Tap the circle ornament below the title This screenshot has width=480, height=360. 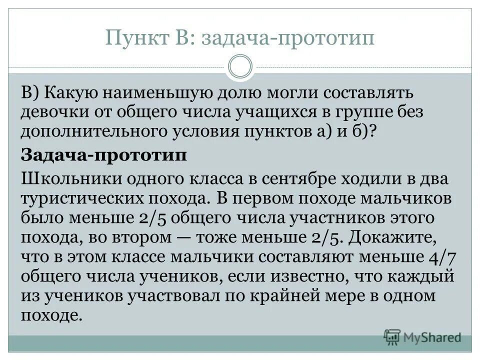click(240, 67)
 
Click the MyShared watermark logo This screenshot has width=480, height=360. click(423, 336)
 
